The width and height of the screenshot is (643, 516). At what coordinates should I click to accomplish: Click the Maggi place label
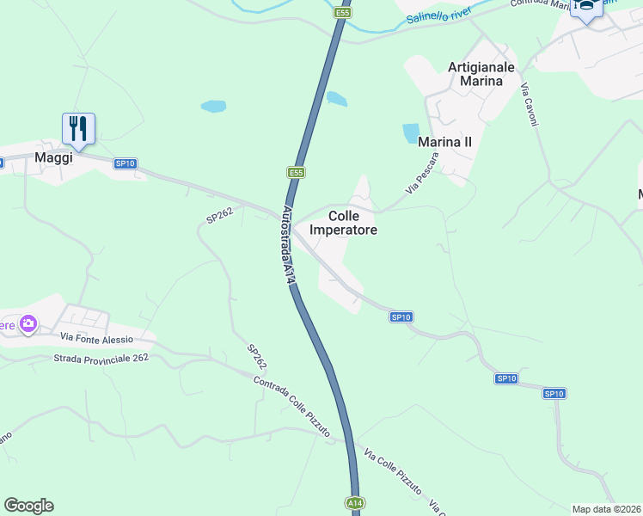point(52,157)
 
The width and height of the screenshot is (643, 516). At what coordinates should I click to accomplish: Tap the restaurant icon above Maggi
point(78,129)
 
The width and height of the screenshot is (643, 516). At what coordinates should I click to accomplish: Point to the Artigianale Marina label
point(481,74)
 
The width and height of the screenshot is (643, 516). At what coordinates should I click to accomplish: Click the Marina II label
point(444,141)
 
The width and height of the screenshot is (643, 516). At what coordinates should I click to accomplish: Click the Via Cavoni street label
point(530,105)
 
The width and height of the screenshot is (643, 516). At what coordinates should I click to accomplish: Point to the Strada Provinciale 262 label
point(101,359)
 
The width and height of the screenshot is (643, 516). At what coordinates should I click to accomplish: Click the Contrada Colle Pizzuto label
point(292,408)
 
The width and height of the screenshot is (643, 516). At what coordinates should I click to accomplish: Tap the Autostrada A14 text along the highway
point(290,245)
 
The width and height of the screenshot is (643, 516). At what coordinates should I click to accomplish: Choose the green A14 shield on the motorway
point(354,502)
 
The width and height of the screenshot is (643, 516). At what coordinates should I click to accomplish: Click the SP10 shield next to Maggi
point(126,163)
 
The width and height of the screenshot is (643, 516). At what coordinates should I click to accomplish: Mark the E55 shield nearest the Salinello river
point(342,13)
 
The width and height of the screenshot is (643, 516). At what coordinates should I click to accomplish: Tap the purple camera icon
point(28,323)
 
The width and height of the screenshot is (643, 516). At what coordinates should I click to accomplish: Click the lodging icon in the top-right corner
point(586,9)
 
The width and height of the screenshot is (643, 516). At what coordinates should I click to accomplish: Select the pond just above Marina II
point(411,133)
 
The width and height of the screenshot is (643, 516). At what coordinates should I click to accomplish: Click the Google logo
point(28,506)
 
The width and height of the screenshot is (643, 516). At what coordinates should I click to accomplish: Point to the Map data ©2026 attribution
point(606,509)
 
